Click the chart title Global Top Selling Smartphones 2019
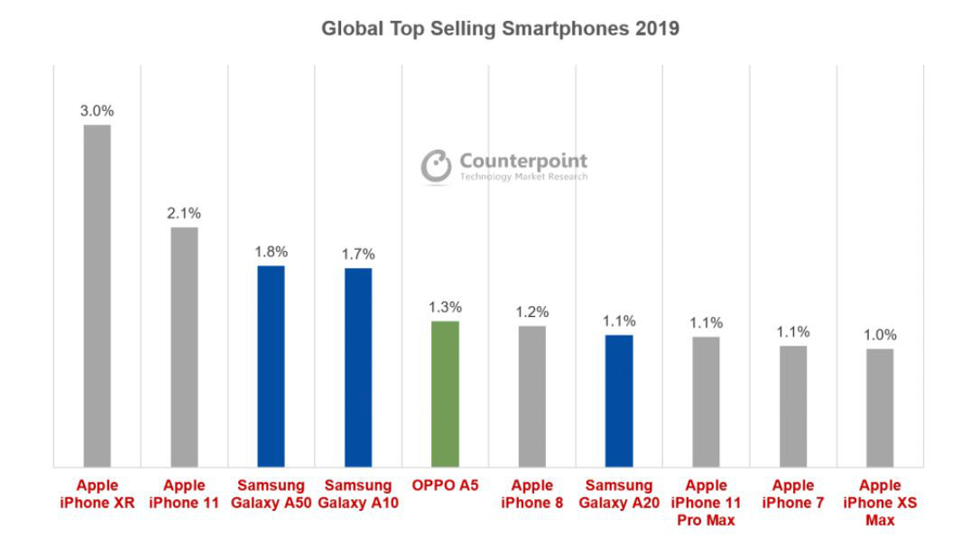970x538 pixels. pyautogui.click(x=500, y=29)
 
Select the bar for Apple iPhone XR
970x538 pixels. pyautogui.click(x=97, y=296)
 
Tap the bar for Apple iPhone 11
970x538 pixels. pyautogui.click(x=184, y=348)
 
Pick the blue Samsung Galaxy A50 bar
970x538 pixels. pyautogui.click(x=271, y=366)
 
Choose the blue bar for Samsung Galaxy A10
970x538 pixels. pyautogui.click(x=358, y=367)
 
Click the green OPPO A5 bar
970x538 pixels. pyautogui.click(x=445, y=394)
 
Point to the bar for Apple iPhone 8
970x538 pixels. pyautogui.click(x=532, y=397)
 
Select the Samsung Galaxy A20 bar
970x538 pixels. pyautogui.click(x=619, y=402)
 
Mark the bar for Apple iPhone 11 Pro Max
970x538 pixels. pyautogui.click(x=707, y=403)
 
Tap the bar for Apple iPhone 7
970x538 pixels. pyautogui.click(x=793, y=407)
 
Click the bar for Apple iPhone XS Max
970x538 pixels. pyautogui.click(x=880, y=408)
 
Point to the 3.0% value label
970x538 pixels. pyautogui.click(x=97, y=111)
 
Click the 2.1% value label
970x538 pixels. pyautogui.click(x=184, y=214)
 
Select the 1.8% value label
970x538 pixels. pyautogui.click(x=271, y=252)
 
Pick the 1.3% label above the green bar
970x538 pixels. pyautogui.click(x=445, y=307)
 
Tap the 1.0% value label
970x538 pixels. pyautogui.click(x=880, y=335)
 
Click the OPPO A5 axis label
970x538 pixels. pyautogui.click(x=445, y=487)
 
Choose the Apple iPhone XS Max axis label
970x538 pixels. pyautogui.click(x=880, y=503)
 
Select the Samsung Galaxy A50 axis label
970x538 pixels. pyautogui.click(x=271, y=495)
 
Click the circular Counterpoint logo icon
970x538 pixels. pyautogui.click(x=437, y=166)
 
